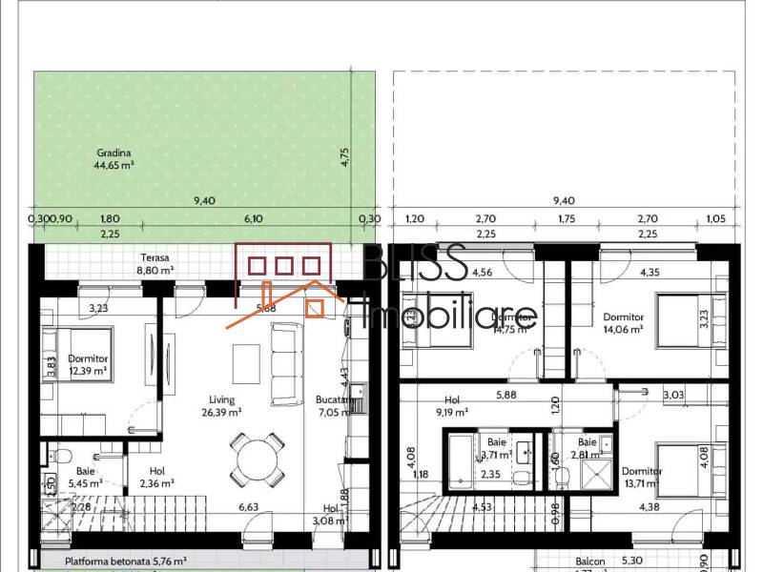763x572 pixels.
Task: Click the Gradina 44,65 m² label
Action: pos(113,158)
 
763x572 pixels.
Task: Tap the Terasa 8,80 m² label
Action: pos(156,264)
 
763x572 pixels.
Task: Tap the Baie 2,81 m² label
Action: pos(585,449)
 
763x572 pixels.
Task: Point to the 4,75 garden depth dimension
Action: pos(346,156)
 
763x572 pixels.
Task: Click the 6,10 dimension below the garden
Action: pos(254,218)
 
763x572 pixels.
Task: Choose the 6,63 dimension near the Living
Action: pos(249,507)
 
